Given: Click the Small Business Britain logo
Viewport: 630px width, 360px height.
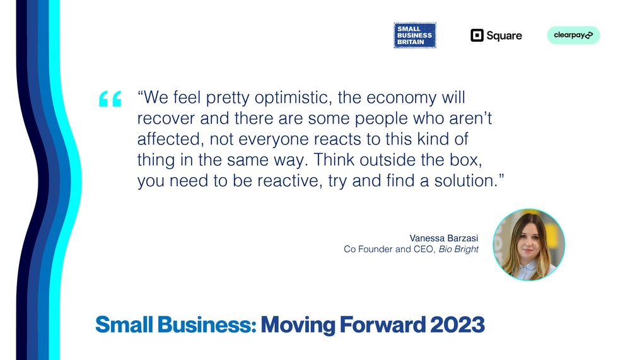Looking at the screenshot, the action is click(415, 35).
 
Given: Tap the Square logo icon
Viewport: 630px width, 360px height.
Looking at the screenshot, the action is click(477, 35).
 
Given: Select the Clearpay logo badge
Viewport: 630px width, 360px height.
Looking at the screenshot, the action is click(573, 35).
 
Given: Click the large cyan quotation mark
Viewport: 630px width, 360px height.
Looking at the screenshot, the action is click(110, 99).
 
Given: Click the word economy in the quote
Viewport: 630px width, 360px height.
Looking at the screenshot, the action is click(401, 98).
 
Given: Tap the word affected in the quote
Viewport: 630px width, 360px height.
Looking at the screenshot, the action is click(168, 139).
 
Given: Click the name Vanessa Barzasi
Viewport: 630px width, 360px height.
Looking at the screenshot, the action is click(444, 238).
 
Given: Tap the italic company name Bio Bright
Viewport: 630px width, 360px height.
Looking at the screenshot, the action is click(458, 249).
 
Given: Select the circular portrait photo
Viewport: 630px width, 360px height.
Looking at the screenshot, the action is click(528, 244).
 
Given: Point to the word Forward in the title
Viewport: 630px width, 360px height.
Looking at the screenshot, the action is click(383, 325).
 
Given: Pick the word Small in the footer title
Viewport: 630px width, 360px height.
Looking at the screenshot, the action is click(124, 325).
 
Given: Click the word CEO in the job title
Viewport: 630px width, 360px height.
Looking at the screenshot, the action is click(424, 249).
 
